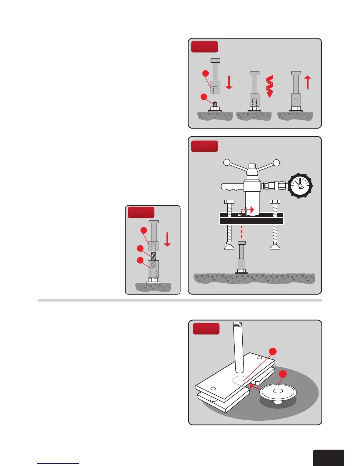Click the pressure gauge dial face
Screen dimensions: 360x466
click(300, 186)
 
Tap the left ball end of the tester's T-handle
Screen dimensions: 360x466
click(226, 162)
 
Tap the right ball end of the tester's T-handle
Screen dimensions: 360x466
click(276, 162)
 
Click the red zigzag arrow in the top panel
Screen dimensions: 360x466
click(269, 86)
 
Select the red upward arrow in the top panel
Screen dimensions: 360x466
click(308, 82)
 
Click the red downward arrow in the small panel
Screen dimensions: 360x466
click(167, 239)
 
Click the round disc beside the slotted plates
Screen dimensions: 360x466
click(278, 392)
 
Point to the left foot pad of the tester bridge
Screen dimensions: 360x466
click(229, 247)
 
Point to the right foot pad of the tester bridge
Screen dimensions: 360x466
click(275, 247)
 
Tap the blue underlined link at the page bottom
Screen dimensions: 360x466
click(58, 463)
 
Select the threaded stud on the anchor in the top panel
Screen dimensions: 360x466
click(215, 104)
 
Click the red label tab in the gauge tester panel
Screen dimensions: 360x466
click(204, 146)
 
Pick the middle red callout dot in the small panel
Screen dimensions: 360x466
click(140, 249)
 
